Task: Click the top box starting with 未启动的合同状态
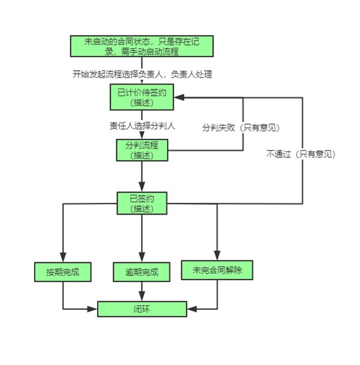tap(141, 47)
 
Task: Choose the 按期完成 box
tap(62, 271)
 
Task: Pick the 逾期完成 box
tap(141, 272)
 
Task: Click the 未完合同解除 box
tap(217, 270)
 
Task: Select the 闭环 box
tap(141, 308)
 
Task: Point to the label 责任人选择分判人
tap(142, 125)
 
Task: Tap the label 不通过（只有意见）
tap(301, 154)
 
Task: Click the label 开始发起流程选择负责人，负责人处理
tap(142, 74)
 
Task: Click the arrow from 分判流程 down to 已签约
tap(141, 177)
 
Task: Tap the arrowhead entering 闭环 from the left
tap(94, 309)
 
